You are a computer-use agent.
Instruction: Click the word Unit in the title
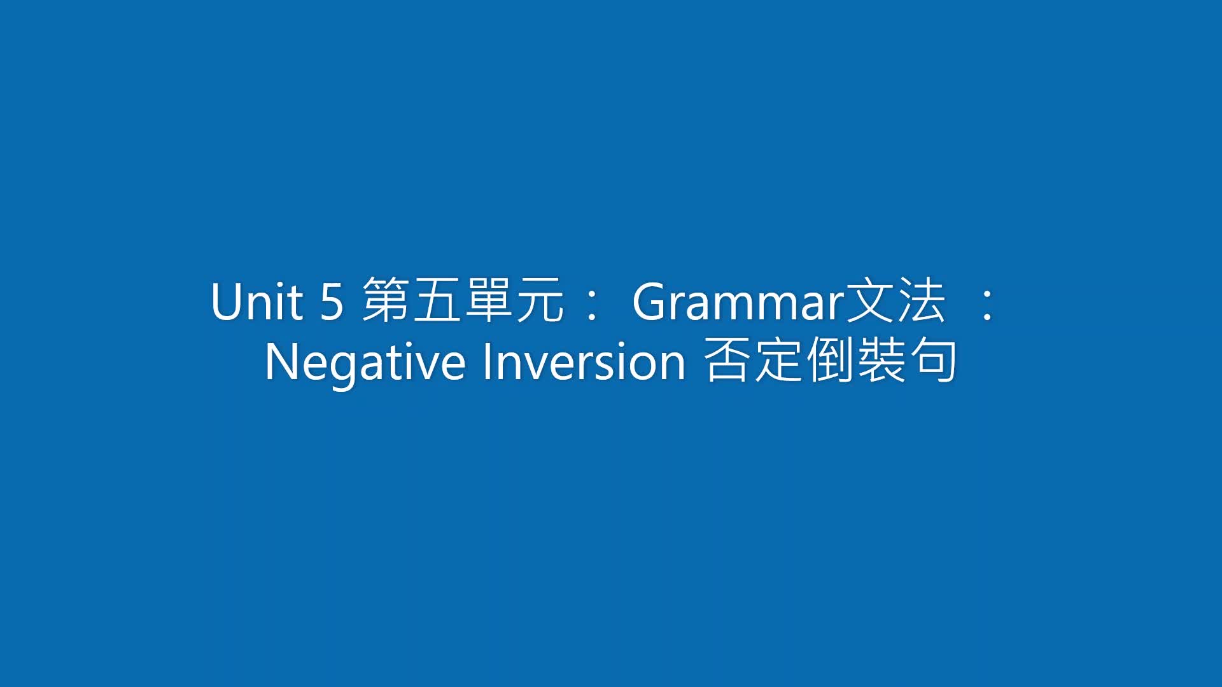[256, 302]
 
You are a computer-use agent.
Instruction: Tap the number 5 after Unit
[332, 302]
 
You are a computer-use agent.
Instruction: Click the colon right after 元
[591, 305]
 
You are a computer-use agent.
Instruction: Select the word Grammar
[738, 302]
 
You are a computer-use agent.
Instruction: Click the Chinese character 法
[921, 300]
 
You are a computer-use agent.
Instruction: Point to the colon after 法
[988, 305]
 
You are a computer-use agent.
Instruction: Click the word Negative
[365, 363]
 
